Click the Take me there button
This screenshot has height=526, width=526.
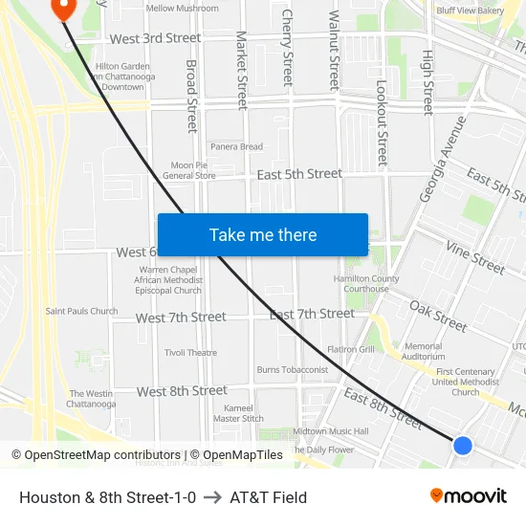pos(263,235)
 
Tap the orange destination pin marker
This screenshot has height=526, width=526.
pos(63,9)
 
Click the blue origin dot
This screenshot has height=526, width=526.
pos(463,445)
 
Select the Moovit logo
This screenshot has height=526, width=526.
pos(469,496)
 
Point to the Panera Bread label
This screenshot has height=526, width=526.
pos(236,146)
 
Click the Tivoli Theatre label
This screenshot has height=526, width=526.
pos(190,353)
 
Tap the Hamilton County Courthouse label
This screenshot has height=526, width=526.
pos(366,283)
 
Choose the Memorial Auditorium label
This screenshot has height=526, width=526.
pos(424,351)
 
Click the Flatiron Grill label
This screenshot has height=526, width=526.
pos(351,349)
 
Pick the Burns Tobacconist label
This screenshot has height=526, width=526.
pos(292,370)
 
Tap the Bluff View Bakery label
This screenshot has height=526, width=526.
pos(470,11)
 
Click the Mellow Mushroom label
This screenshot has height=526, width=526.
pos(182,8)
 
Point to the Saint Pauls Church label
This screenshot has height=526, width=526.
pos(82,311)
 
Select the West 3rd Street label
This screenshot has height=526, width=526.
pos(155,38)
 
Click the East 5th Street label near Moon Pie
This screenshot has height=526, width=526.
pos(299,174)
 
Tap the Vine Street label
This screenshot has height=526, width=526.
pos(475,256)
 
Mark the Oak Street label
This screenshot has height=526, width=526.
pos(438,317)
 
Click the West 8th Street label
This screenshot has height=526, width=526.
pos(182,391)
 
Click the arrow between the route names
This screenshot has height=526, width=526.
pos(212,497)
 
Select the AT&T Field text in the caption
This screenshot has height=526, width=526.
pos(268,497)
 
